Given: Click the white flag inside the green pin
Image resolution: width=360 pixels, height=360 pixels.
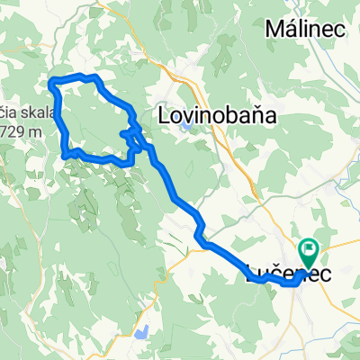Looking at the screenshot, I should coord(310,250).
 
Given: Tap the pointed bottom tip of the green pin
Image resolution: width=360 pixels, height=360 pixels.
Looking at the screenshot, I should coord(310,269).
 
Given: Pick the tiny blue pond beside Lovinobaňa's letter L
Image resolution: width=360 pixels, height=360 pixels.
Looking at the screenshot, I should coord(184,127).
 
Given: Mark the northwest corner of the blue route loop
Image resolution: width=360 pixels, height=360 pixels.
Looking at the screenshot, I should coord(52,83).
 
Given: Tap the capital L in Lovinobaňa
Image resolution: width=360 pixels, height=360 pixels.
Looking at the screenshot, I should coord(164,115).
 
